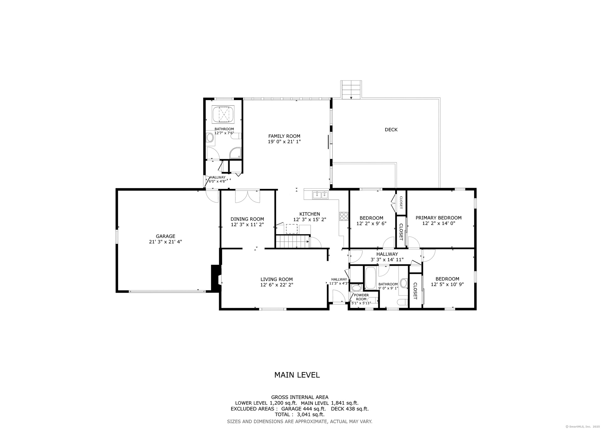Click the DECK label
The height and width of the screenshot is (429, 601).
391,129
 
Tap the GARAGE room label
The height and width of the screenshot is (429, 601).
166,236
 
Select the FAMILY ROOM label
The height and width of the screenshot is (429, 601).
284,136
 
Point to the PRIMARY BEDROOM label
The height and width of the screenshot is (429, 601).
438,218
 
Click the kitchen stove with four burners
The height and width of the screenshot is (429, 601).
344,216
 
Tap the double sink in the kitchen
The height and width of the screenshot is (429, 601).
320,195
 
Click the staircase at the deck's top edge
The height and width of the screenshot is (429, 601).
351,90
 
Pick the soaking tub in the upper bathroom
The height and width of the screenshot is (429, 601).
223,114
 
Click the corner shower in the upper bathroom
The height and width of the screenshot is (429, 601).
236,153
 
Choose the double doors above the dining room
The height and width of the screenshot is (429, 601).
247,196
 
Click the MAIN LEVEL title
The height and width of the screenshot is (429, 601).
297,375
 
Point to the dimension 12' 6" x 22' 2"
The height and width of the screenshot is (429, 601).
277,285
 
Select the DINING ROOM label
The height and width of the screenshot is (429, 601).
247,219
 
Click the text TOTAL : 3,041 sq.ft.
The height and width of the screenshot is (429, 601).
300,414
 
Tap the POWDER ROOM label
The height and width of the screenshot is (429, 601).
361,297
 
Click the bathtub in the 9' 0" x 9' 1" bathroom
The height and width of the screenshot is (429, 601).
370,278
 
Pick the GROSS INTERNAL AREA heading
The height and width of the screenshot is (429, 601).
300,397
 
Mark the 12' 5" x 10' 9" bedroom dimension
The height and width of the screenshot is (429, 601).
447,285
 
